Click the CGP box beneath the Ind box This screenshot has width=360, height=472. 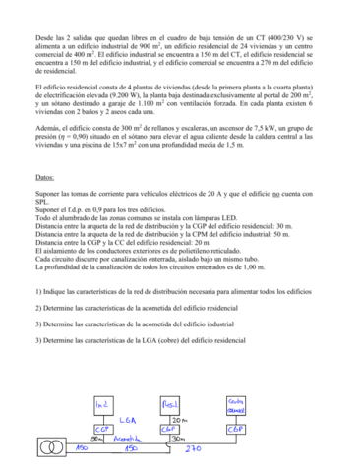click(102, 430)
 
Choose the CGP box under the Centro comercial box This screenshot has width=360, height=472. click(237, 430)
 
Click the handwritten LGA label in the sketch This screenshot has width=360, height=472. click(128, 418)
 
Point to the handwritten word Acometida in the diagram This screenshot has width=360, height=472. click(123, 441)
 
